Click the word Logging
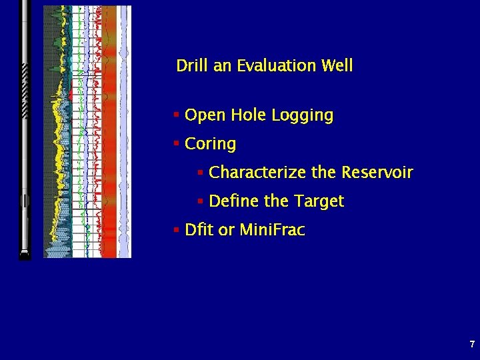(x=303, y=116)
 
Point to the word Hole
(x=250, y=115)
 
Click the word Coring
(x=210, y=144)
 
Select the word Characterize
(x=257, y=173)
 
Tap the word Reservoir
(x=377, y=173)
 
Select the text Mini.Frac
(x=272, y=231)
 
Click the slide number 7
(x=472, y=345)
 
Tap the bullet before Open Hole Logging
(x=176, y=115)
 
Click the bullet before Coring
(x=176, y=143)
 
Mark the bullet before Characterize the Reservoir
(x=200, y=172)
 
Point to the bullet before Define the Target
(x=200, y=201)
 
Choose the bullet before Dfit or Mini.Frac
(x=176, y=230)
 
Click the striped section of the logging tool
(x=25, y=91)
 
